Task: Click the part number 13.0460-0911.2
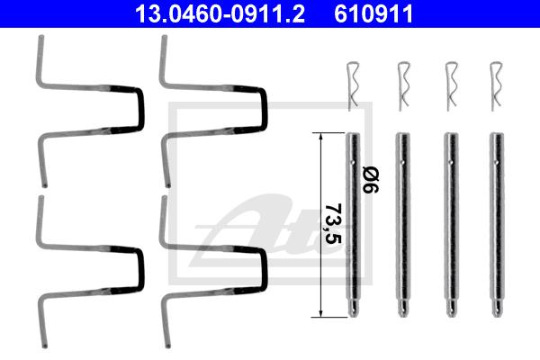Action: click(220, 13)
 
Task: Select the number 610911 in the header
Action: click(373, 13)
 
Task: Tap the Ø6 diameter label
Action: click(371, 180)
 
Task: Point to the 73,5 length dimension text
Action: click(333, 223)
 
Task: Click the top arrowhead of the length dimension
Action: click(321, 136)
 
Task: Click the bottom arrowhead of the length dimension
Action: click(321, 313)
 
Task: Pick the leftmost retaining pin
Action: click(353, 225)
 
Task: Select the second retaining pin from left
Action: click(402, 225)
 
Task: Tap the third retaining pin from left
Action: click(451, 225)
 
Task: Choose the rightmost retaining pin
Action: click(497, 225)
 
